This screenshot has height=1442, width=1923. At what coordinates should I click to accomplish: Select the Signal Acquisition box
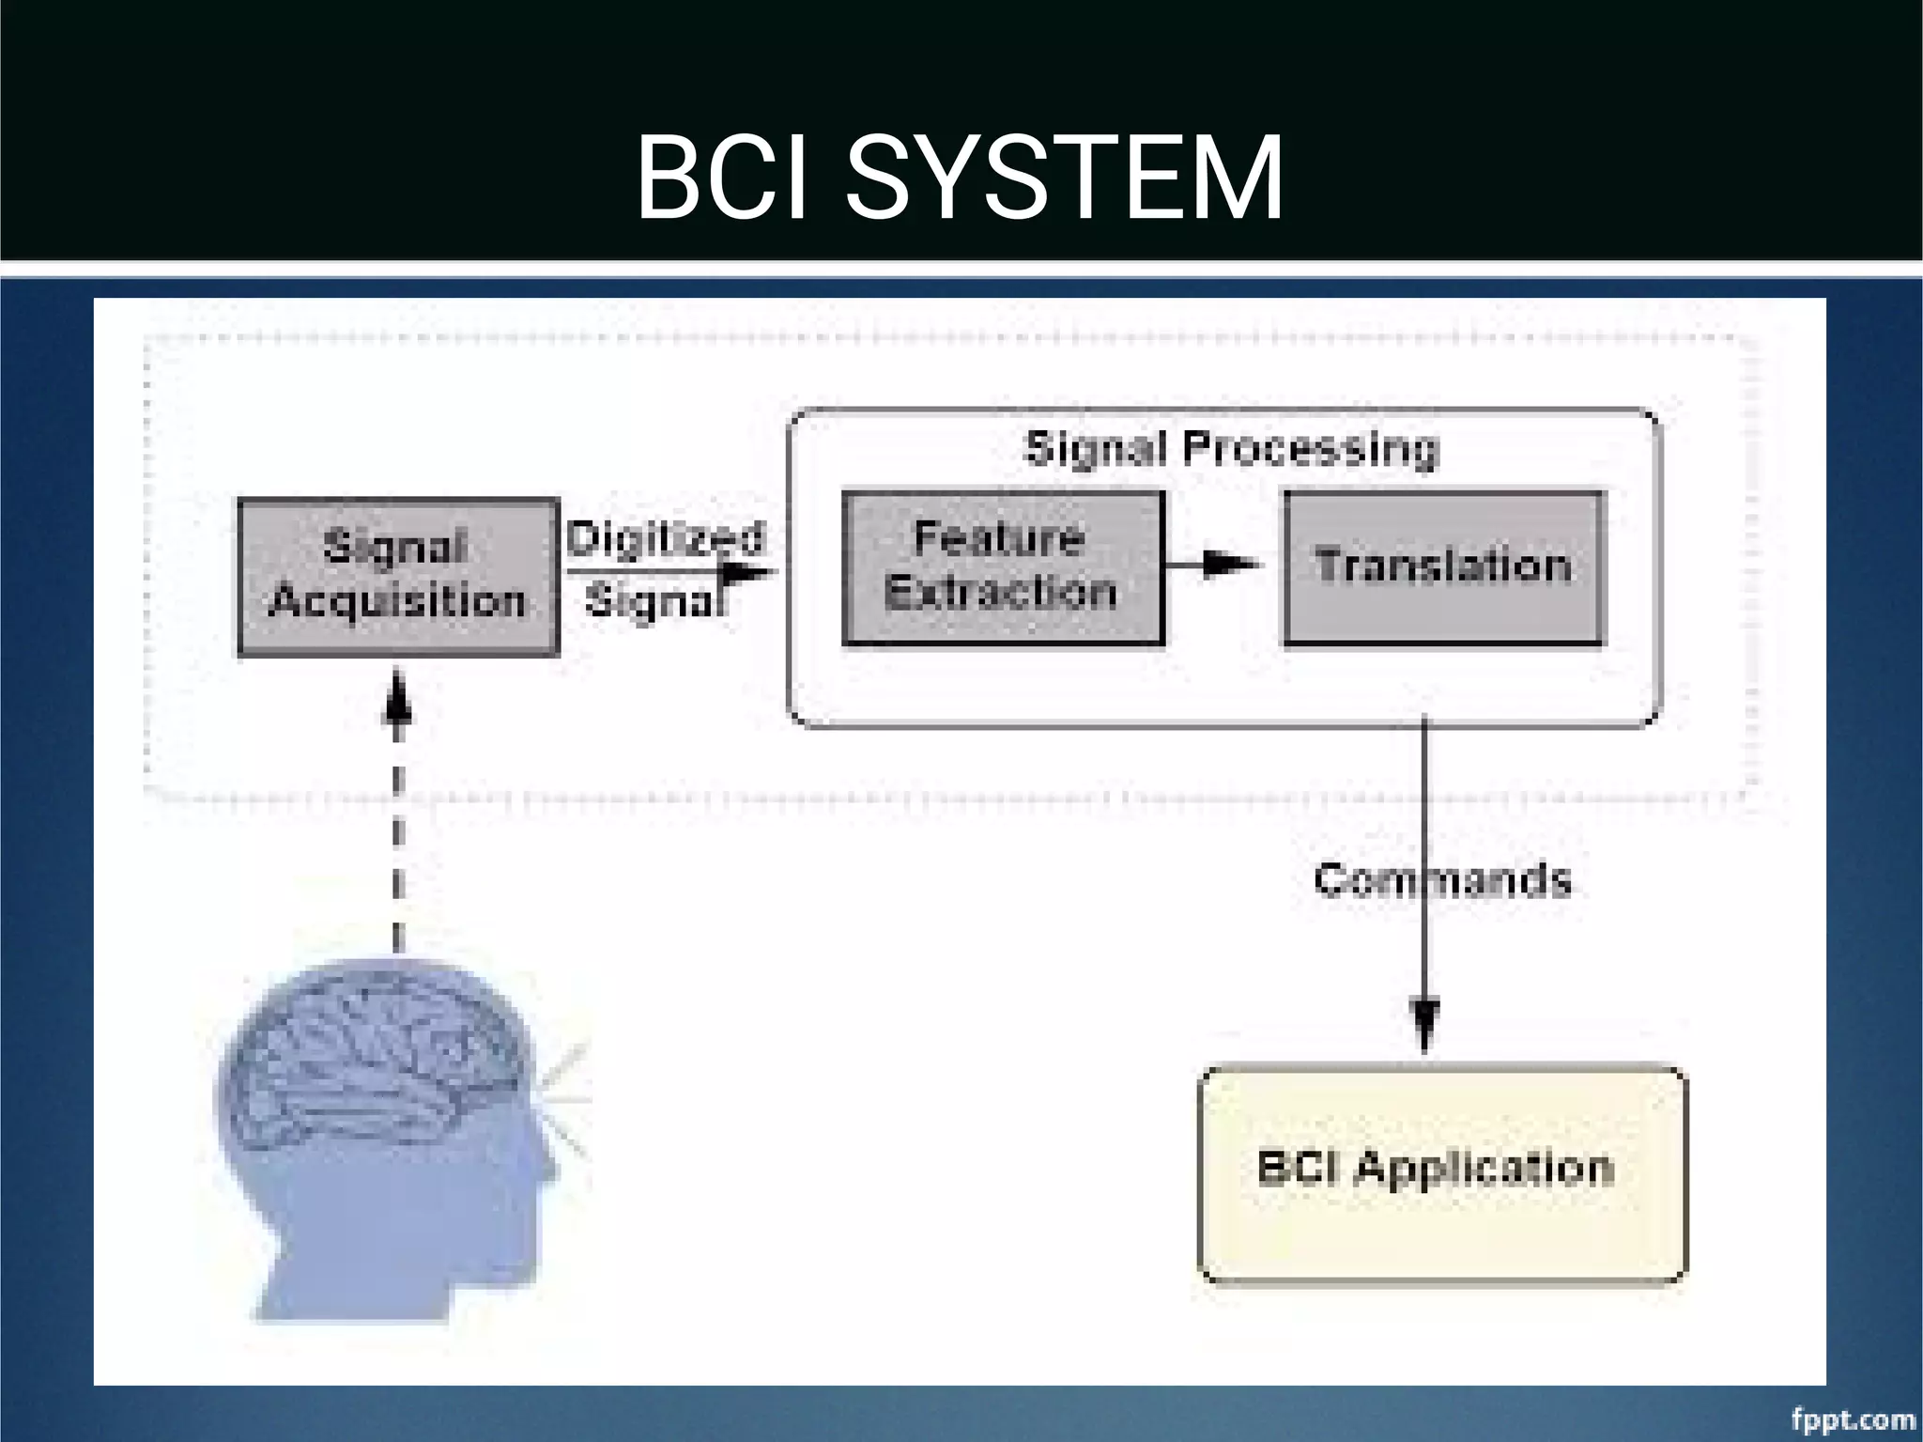click(398, 575)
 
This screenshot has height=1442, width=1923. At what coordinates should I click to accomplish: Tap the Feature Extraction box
click(1003, 566)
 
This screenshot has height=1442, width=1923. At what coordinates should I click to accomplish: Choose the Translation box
click(1443, 566)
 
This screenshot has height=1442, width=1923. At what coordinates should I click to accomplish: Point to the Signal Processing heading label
click(1231, 448)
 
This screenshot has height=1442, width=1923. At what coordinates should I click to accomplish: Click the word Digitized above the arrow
click(665, 538)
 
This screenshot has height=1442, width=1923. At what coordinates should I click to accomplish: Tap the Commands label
click(1442, 880)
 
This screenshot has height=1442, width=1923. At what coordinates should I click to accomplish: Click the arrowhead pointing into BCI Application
click(1425, 1025)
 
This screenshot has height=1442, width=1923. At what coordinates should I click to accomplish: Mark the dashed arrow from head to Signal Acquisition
click(398, 808)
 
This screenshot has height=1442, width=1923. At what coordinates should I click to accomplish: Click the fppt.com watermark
click(1853, 1419)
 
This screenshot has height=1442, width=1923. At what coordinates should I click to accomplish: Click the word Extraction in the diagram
click(1001, 593)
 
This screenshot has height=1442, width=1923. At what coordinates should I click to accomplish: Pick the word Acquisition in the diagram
click(397, 601)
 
